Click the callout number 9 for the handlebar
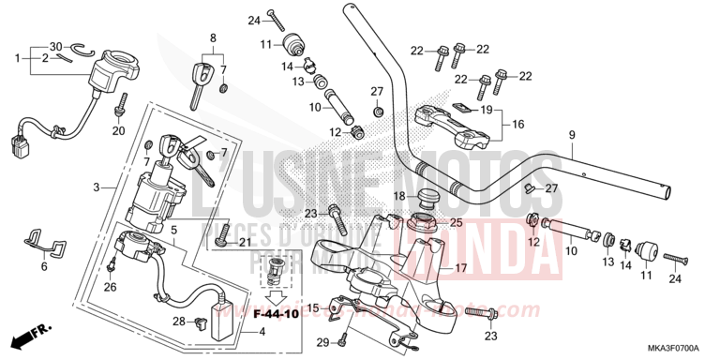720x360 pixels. tap(571, 136)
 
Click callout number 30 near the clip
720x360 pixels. tap(55, 46)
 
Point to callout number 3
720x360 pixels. tap(97, 187)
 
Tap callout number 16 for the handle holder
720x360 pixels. tap(517, 123)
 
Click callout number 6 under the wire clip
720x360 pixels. tap(43, 266)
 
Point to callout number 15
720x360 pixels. tap(313, 308)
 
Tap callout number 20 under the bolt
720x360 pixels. tap(118, 130)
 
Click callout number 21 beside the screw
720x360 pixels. tap(245, 243)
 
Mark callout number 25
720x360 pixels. tap(457, 222)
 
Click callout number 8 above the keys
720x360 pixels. tap(213, 37)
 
